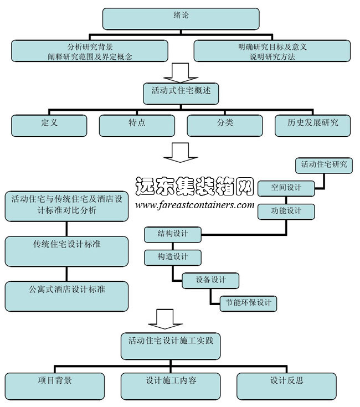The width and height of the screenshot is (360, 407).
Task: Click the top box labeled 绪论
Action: (x=181, y=18)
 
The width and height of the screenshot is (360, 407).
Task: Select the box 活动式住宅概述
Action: (x=181, y=92)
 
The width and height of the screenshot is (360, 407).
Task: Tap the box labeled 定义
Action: (x=49, y=125)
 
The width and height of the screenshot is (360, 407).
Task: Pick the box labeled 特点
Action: (x=136, y=125)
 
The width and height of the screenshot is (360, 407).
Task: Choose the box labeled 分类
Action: (x=224, y=125)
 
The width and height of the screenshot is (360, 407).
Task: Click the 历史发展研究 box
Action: (x=312, y=125)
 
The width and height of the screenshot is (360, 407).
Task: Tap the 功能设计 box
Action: (x=286, y=212)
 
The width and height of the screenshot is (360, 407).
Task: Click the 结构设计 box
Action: (x=172, y=235)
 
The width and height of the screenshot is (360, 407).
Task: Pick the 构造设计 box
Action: (x=172, y=258)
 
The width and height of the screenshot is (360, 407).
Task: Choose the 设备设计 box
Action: (x=210, y=281)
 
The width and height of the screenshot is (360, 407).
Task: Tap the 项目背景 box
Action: (x=54, y=386)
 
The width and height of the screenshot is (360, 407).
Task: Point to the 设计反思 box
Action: (x=286, y=386)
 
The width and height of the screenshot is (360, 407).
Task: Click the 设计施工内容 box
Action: (x=171, y=386)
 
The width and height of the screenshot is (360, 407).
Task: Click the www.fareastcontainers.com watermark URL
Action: (x=194, y=205)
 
